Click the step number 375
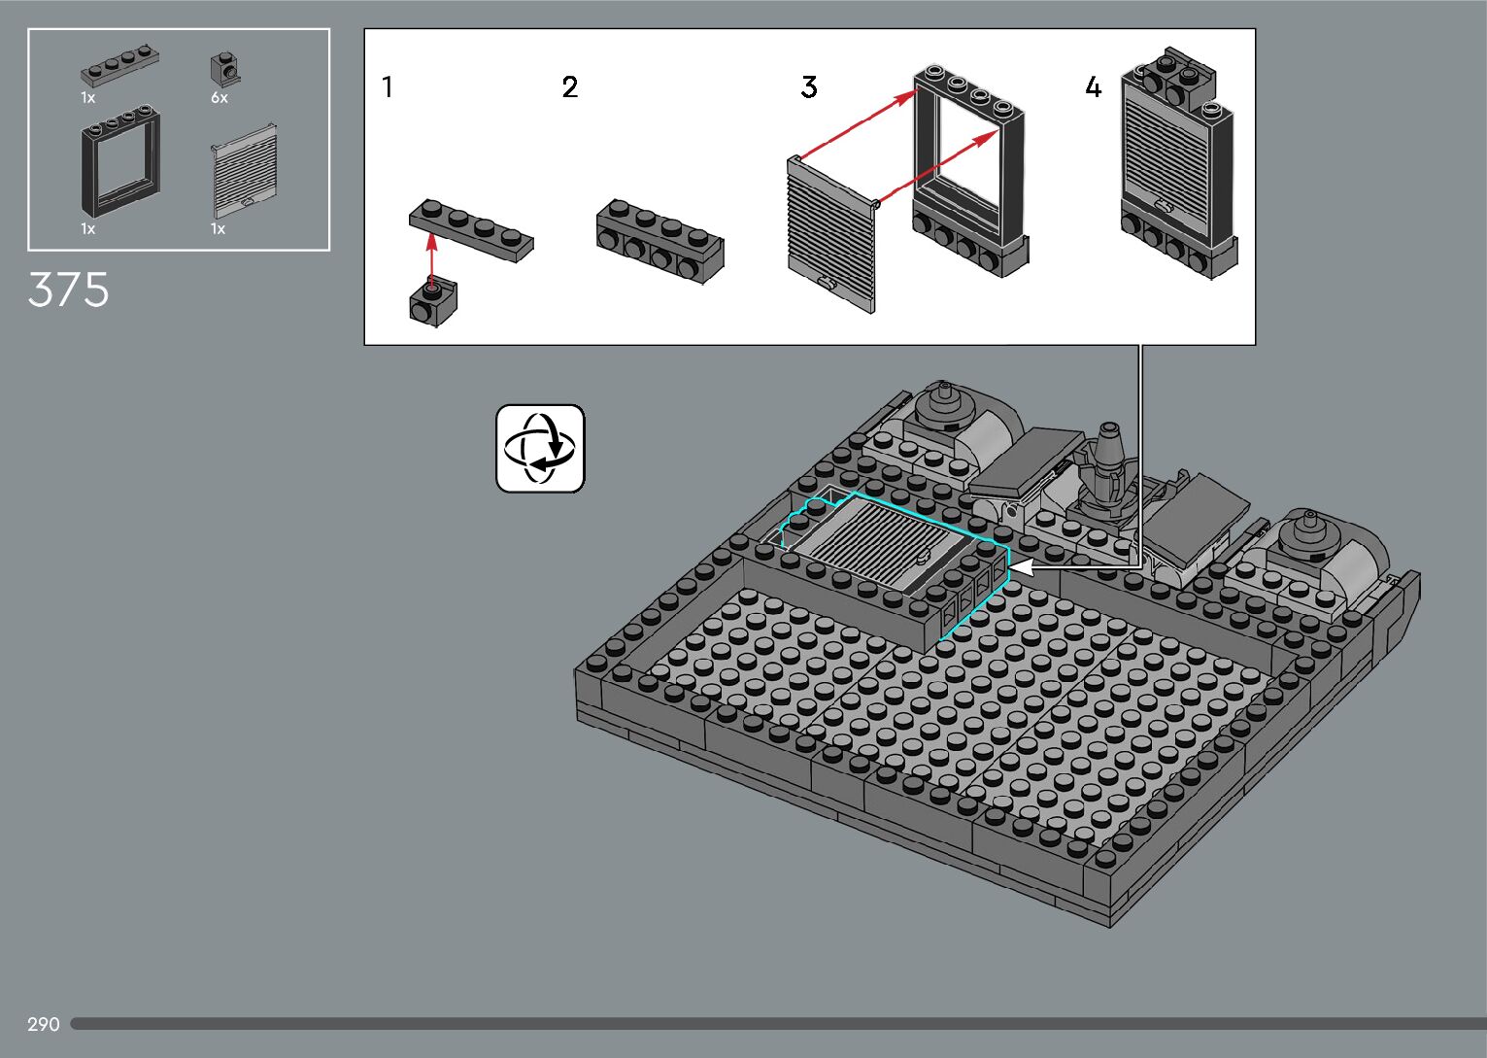tap(68, 290)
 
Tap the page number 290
tap(44, 1024)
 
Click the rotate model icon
tap(540, 449)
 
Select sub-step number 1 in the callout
tap(388, 87)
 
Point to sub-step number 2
tap(570, 87)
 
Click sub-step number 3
tap(809, 87)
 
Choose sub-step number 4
tap(1094, 87)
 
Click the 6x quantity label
tap(220, 98)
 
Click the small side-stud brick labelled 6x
tap(224, 68)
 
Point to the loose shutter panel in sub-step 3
tap(831, 234)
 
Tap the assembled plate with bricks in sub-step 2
tap(659, 240)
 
